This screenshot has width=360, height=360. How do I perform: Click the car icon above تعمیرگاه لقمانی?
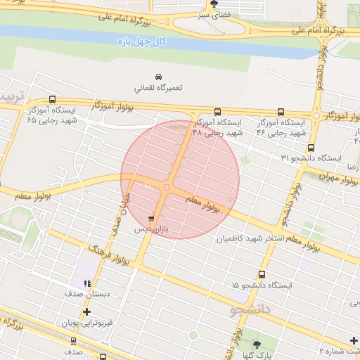coord(158,76)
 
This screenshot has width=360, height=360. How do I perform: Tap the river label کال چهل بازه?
coord(143,42)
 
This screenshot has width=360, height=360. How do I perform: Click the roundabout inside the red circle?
coord(167,187)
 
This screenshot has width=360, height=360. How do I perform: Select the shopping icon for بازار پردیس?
coord(152,219)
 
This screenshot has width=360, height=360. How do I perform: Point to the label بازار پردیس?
coord(152,230)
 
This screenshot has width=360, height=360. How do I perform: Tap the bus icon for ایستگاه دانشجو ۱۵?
coord(262,275)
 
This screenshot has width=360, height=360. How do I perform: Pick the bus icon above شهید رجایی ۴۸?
coord(217,112)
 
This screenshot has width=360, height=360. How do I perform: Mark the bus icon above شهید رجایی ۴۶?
coord(281,112)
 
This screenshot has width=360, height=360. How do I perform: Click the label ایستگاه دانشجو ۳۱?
coord(310,158)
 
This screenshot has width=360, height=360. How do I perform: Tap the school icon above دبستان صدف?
coord(86,284)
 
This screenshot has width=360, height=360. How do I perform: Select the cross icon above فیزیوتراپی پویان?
coord(86,311)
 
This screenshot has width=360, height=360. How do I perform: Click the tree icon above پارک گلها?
coord(256,344)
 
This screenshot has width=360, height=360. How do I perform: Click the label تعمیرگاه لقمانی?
coord(158,89)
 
